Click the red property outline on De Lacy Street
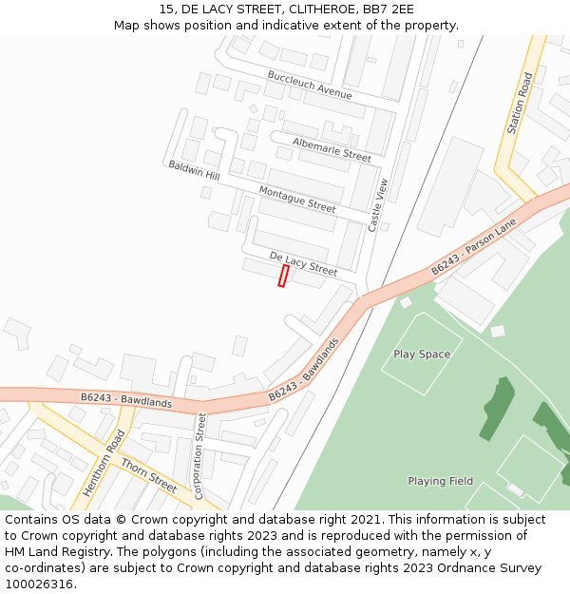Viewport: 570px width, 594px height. [283, 276]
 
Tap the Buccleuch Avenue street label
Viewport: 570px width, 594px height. [310, 86]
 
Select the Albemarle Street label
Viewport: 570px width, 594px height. [332, 149]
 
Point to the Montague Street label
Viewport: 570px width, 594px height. [297, 200]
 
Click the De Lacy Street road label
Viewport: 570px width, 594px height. [303, 264]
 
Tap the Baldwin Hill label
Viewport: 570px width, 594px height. [194, 171]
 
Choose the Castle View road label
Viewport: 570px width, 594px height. [377, 205]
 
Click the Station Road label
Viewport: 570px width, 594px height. [521, 103]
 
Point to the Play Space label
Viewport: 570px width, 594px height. [422, 354]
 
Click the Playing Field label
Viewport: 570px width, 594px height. [440, 481]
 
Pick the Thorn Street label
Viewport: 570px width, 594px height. [148, 475]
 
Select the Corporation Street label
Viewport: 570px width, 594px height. [199, 456]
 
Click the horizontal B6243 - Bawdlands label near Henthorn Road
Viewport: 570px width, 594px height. [126, 401]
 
